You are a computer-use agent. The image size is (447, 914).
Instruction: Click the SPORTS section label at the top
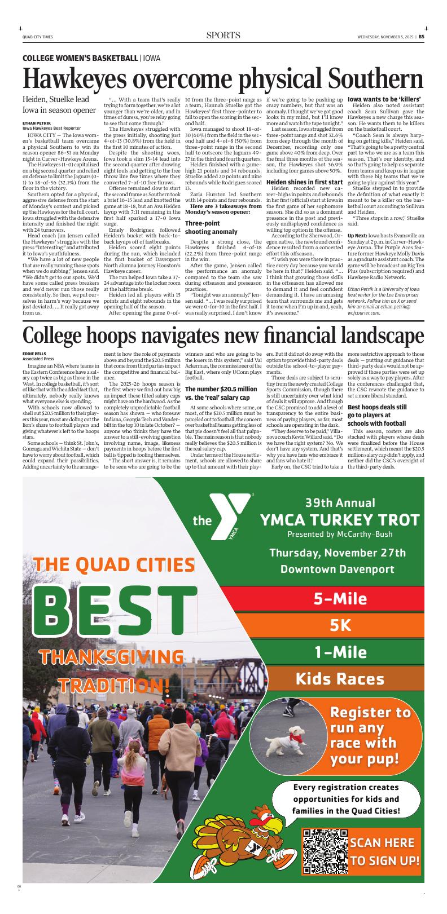coord(224,36)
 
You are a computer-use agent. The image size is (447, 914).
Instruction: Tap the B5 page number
coord(421,36)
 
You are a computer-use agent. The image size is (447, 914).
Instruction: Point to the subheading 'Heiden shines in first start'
coord(304,182)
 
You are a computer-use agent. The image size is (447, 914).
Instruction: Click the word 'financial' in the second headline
coord(297,335)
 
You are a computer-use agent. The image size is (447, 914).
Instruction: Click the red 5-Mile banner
coord(332,598)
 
